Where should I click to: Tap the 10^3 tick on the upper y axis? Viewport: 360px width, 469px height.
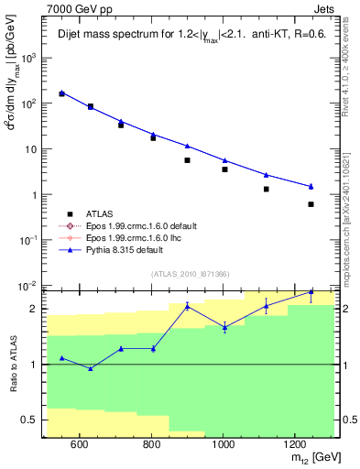(29, 58)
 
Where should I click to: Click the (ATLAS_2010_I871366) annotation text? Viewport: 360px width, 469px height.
(188, 274)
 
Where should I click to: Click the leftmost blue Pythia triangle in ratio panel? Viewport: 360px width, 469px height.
(61, 358)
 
